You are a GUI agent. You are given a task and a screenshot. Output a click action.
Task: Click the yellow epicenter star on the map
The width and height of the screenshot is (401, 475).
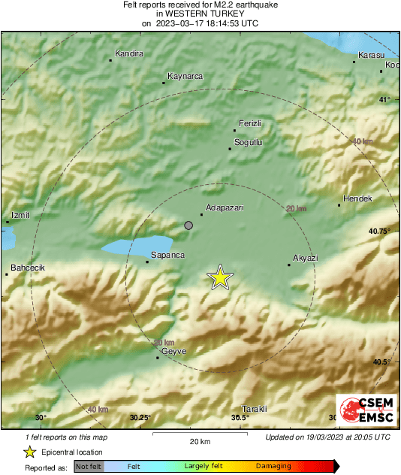(x=220, y=277)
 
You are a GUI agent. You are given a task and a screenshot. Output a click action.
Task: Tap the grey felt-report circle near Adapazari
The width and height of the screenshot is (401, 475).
(x=189, y=225)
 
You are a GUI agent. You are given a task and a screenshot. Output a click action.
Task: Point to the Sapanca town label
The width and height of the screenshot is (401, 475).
(x=168, y=256)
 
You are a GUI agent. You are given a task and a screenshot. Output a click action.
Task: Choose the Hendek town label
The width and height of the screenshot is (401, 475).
(x=357, y=198)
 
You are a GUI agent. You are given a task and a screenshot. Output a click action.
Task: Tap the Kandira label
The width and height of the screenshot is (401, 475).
(x=128, y=53)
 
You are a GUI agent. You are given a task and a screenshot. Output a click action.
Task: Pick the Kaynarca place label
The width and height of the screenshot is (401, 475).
(x=185, y=76)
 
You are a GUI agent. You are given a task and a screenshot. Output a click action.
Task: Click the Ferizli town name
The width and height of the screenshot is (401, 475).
(x=249, y=123)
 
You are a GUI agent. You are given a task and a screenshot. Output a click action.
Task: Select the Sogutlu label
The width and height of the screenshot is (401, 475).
(x=248, y=142)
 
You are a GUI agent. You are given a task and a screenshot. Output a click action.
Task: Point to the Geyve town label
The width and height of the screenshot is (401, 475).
(x=173, y=351)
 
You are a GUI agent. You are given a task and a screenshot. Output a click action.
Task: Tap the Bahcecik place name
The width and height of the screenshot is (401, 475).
(x=28, y=268)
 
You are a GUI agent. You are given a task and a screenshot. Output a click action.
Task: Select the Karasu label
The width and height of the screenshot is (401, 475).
(x=372, y=56)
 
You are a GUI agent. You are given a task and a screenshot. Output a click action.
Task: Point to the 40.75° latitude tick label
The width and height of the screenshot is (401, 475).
(x=379, y=231)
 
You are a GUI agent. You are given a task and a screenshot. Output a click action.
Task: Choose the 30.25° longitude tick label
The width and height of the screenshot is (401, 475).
(x=140, y=418)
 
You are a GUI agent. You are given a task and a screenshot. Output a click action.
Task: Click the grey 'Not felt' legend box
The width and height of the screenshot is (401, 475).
(x=89, y=466)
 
